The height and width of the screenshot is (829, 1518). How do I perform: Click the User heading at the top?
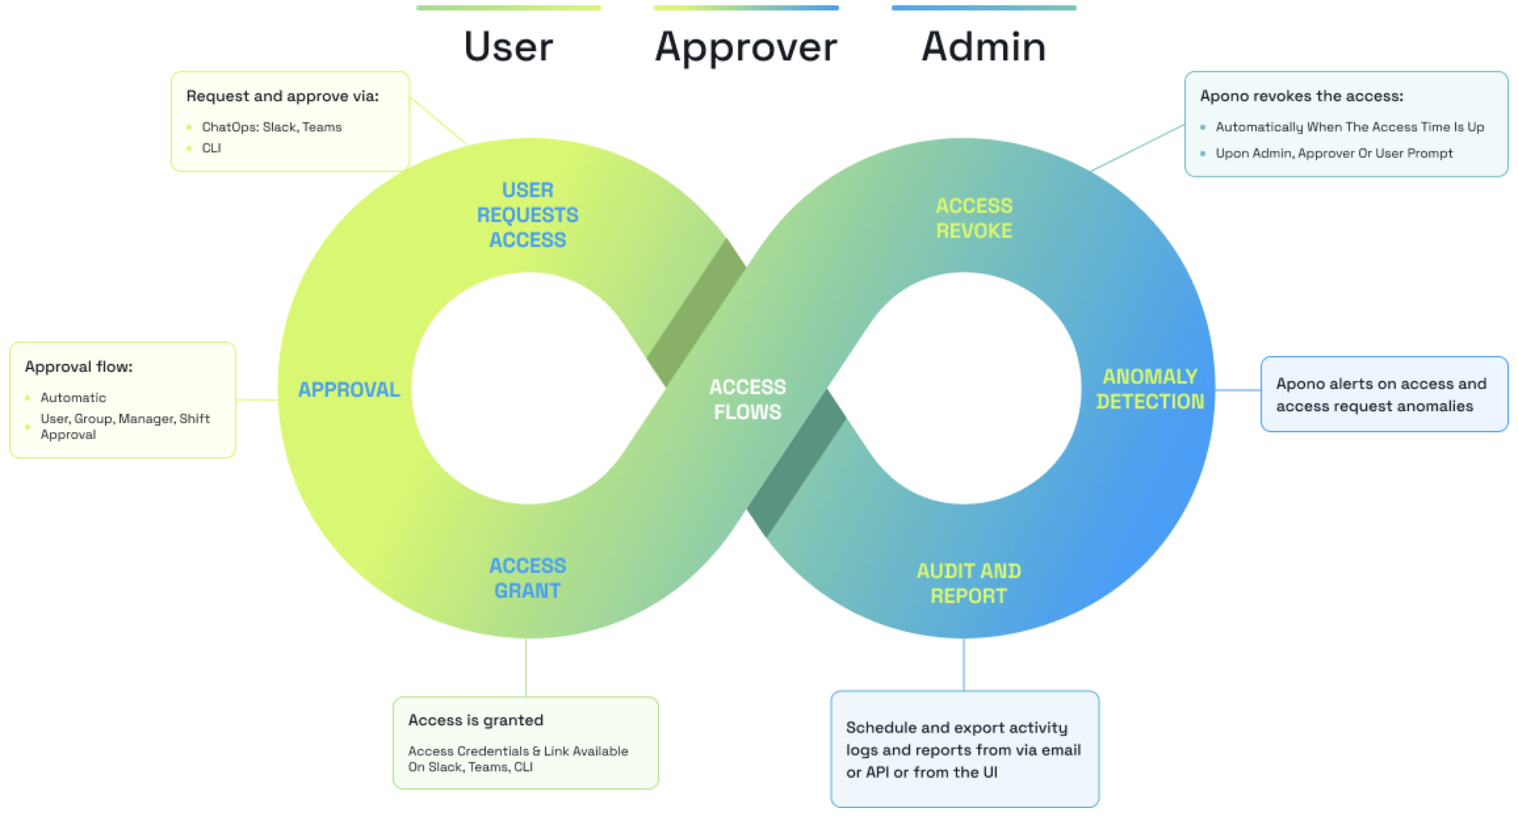(x=508, y=47)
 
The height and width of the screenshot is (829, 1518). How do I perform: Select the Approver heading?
(x=746, y=47)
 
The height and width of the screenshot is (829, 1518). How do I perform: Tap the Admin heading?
(x=984, y=47)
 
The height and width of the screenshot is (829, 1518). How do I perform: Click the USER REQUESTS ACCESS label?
(x=527, y=215)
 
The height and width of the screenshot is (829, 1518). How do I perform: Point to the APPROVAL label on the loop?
(x=349, y=390)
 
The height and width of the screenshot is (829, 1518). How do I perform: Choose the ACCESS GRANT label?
(x=527, y=578)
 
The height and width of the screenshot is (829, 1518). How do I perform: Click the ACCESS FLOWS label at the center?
(x=747, y=399)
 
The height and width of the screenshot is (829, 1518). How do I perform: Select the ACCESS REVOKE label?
(x=974, y=218)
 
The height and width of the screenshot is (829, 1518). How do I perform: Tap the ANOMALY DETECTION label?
(x=1150, y=389)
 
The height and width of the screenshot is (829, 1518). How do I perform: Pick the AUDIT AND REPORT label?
(x=968, y=583)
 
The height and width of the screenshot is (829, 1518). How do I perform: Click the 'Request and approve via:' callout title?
(x=282, y=96)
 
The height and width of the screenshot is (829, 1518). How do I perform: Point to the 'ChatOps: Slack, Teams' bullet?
(x=271, y=127)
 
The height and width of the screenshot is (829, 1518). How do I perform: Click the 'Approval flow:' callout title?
(x=79, y=367)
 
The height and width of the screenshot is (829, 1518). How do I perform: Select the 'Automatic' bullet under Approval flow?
(x=73, y=397)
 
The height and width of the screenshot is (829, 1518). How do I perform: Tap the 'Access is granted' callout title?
(x=475, y=720)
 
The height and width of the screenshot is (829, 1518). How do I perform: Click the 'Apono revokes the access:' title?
(x=1301, y=96)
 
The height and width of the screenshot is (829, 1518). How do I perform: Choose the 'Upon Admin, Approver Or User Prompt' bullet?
(x=1334, y=153)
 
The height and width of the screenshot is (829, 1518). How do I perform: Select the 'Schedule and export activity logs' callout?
(x=963, y=750)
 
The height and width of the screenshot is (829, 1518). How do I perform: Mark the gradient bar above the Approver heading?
(x=746, y=8)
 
